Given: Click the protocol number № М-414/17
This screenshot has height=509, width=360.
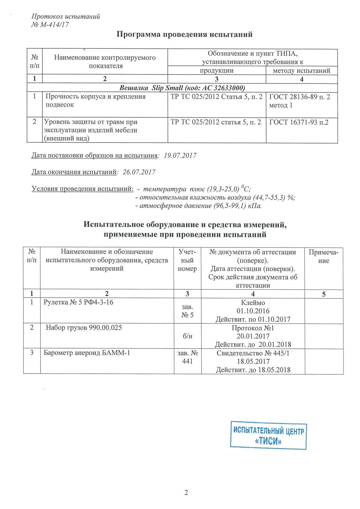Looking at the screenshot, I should [x=50, y=25].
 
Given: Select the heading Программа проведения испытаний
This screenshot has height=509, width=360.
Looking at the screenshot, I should [x=184, y=34].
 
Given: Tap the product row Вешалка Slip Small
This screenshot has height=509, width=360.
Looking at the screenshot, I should [x=182, y=88].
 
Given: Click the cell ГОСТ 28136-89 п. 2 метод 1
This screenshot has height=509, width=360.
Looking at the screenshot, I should [x=299, y=101].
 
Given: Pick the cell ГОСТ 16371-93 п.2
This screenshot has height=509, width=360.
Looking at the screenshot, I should [x=299, y=122].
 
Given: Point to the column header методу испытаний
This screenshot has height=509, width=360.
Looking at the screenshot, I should [x=301, y=71].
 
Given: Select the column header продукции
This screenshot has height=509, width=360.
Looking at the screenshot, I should [x=217, y=71].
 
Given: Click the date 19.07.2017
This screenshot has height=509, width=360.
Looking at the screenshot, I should [x=180, y=156].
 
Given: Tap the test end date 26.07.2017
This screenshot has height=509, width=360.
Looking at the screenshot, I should [x=139, y=172].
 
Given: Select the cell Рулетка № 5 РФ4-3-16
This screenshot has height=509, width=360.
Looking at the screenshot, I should [x=78, y=302].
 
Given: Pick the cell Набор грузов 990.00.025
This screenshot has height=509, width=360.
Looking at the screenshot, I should [x=84, y=328].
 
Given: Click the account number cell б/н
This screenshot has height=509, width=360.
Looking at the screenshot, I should [x=187, y=336].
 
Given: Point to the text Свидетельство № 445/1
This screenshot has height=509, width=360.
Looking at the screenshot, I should [x=253, y=353].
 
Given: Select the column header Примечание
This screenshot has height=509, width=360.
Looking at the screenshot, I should [x=323, y=256].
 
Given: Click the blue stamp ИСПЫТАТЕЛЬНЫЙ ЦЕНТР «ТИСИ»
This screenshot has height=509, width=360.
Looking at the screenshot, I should [x=268, y=435].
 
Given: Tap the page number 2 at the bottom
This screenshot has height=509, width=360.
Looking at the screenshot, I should [x=186, y=492].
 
